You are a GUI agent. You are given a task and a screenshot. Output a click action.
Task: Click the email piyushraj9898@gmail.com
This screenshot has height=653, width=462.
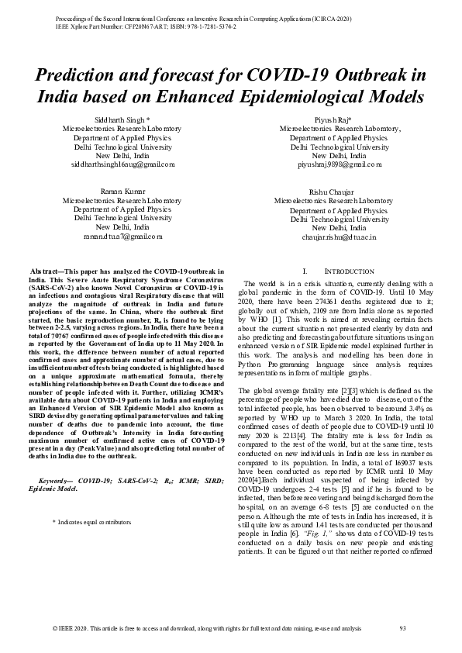click(340, 164)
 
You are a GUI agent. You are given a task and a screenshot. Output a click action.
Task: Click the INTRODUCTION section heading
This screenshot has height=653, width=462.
click(339, 271)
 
